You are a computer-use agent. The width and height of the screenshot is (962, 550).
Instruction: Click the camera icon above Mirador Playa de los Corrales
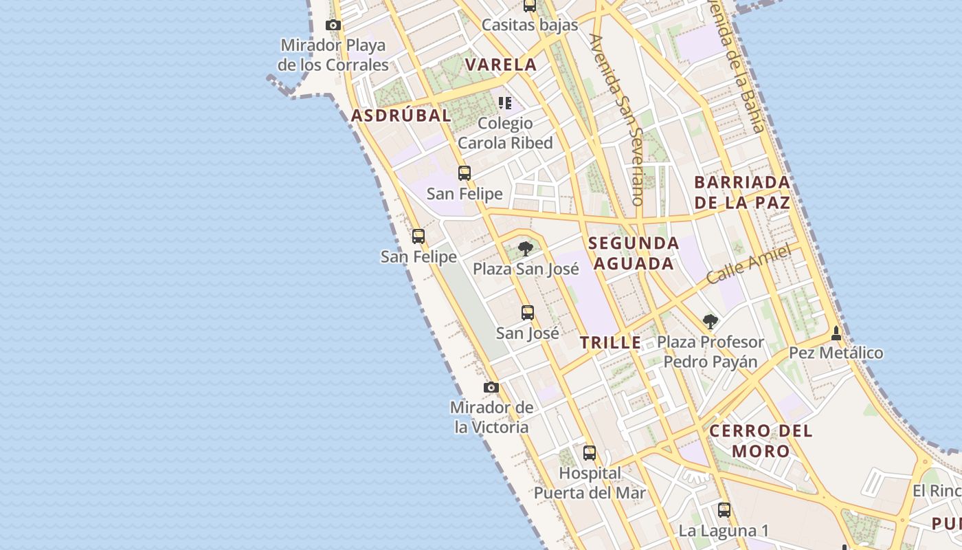(x=333, y=25)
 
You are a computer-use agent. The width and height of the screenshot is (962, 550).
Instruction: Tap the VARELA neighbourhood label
(x=500, y=65)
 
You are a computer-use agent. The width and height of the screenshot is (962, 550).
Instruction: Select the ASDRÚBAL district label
(x=401, y=115)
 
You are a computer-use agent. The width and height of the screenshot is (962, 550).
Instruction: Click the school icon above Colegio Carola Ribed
(x=505, y=104)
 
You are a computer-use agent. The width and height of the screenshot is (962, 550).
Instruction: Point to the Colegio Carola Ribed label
(x=505, y=133)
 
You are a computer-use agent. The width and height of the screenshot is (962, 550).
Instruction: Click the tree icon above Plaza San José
(x=526, y=248)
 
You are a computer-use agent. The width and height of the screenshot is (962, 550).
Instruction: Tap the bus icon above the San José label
(x=527, y=313)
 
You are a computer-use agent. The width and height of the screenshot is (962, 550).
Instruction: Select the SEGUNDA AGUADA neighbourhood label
(x=634, y=253)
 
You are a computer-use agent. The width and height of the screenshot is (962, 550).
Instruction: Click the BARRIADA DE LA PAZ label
(x=742, y=192)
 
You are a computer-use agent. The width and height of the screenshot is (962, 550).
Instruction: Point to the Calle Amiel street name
(x=748, y=265)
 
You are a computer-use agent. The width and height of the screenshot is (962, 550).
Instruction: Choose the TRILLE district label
(x=610, y=342)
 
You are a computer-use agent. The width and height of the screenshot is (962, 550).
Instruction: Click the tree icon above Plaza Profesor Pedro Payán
(x=710, y=321)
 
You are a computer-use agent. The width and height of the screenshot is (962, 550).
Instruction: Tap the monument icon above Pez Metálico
(x=836, y=333)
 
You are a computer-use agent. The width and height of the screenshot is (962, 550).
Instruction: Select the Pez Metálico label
(x=836, y=353)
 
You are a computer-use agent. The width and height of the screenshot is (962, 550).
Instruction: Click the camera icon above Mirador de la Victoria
(x=491, y=388)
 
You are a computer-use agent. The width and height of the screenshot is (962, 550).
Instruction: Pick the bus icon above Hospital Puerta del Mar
(x=590, y=453)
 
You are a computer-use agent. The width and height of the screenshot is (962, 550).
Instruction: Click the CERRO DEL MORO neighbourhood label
(x=761, y=441)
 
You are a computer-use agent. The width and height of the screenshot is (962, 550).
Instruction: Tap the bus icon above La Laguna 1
(x=724, y=510)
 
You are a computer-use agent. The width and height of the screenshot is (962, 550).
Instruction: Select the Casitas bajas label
(x=530, y=25)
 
